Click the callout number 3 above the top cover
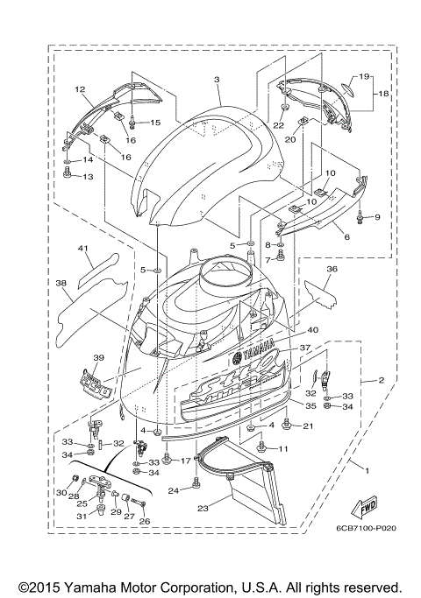coord(215,80)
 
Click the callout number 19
coord(364,76)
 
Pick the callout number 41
coord(84,249)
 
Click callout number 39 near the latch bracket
coord(98,358)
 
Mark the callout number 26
coord(145,522)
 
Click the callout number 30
coord(61,493)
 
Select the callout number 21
coord(308,426)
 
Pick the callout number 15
coord(155,122)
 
